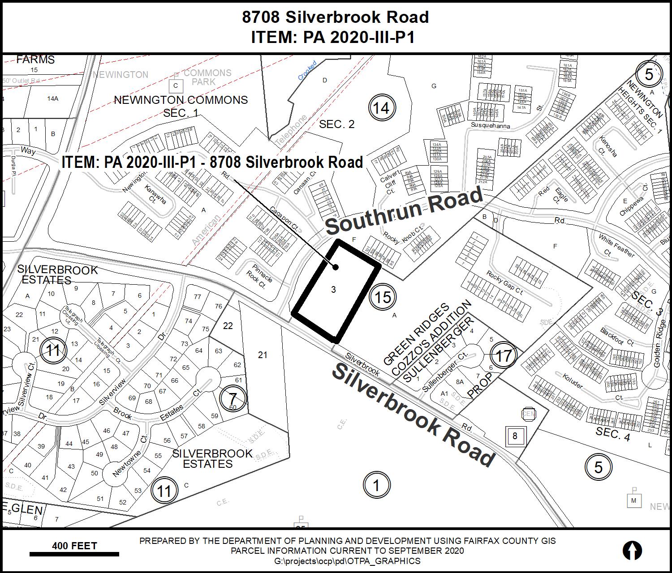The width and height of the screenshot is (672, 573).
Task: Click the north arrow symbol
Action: pos(632,550)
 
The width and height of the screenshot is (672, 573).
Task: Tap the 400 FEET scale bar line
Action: pos(74,554)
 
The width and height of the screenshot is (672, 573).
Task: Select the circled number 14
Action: pos(382,108)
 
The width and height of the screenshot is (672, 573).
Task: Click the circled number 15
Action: pos(383,297)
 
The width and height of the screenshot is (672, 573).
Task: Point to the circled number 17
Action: pos(504,356)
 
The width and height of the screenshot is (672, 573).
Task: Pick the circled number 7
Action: pos(233,398)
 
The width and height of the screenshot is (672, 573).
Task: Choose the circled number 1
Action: pos(376,485)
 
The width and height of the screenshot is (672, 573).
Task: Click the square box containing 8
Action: pos(515,436)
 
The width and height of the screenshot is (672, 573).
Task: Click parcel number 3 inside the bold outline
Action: pos(333,290)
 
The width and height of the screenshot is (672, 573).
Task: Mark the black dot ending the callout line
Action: pos(335,267)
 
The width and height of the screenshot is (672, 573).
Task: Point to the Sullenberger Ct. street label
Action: pos(445,372)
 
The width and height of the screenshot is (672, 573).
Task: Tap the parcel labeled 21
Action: pos(263,355)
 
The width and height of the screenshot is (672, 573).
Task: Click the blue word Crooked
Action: pos(307,70)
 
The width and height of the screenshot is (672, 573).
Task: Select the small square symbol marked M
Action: pos(633,500)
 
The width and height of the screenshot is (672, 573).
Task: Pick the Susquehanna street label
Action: pos(490,126)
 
